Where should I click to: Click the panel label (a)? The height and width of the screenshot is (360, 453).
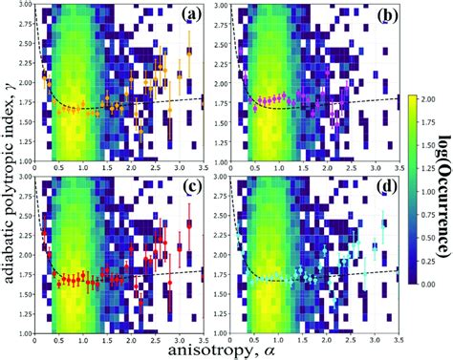point(190,16)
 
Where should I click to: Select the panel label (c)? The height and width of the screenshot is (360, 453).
point(190,187)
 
